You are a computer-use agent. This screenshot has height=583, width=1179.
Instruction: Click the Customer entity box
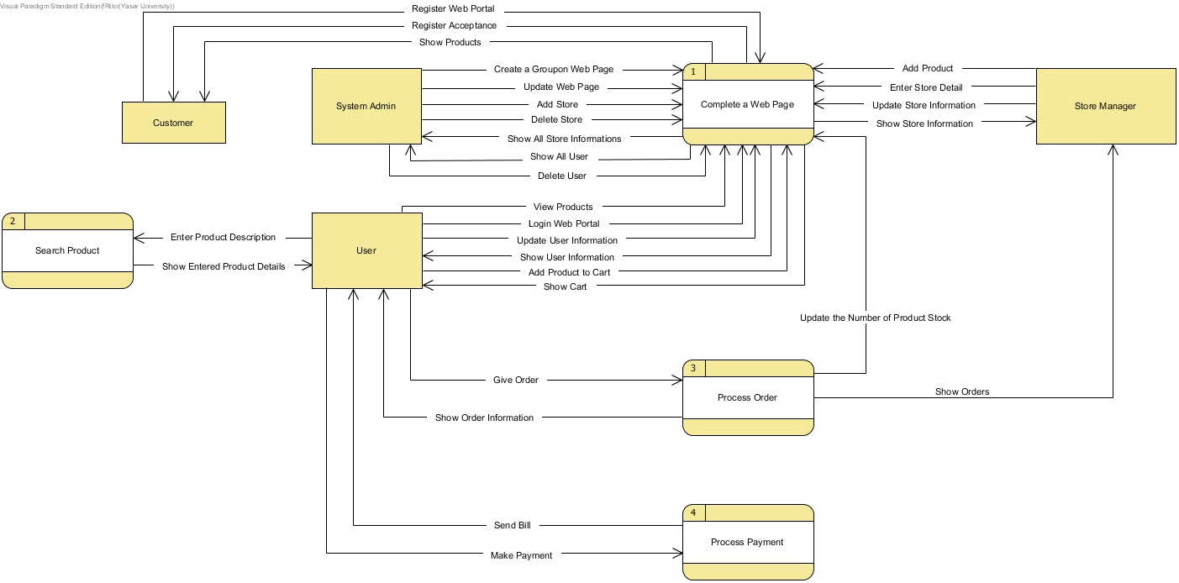[173, 123]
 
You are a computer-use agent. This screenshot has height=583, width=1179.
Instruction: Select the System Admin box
[366, 106]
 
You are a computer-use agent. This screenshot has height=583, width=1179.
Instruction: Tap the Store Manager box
[1105, 106]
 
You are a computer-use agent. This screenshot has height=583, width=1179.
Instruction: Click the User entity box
[366, 250]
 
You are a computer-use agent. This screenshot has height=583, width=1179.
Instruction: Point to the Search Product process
[67, 250]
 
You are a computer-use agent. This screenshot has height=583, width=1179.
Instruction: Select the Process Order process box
[747, 397]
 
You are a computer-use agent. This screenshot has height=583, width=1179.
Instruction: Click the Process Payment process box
[747, 542]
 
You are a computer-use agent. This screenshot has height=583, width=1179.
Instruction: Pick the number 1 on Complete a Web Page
[693, 72]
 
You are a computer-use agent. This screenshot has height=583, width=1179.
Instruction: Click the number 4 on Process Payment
[693, 512]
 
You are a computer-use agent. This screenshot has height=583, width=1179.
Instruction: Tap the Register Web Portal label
[453, 8]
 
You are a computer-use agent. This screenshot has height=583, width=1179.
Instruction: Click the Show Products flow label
[450, 42]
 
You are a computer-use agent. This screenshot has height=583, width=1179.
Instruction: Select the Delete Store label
[556, 119]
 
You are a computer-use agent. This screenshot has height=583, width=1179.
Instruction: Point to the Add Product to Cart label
[569, 272]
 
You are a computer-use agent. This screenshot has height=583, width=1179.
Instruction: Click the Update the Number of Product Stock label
[875, 318]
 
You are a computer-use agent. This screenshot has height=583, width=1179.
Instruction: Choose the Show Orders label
[962, 391]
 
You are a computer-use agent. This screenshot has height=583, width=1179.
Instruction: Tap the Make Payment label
[521, 555]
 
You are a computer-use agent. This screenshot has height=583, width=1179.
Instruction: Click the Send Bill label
[512, 525]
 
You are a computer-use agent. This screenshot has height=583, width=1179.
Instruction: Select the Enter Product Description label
[223, 237]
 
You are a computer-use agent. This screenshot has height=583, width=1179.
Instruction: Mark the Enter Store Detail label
[926, 87]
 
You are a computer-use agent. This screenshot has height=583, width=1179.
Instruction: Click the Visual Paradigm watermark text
[87, 6]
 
